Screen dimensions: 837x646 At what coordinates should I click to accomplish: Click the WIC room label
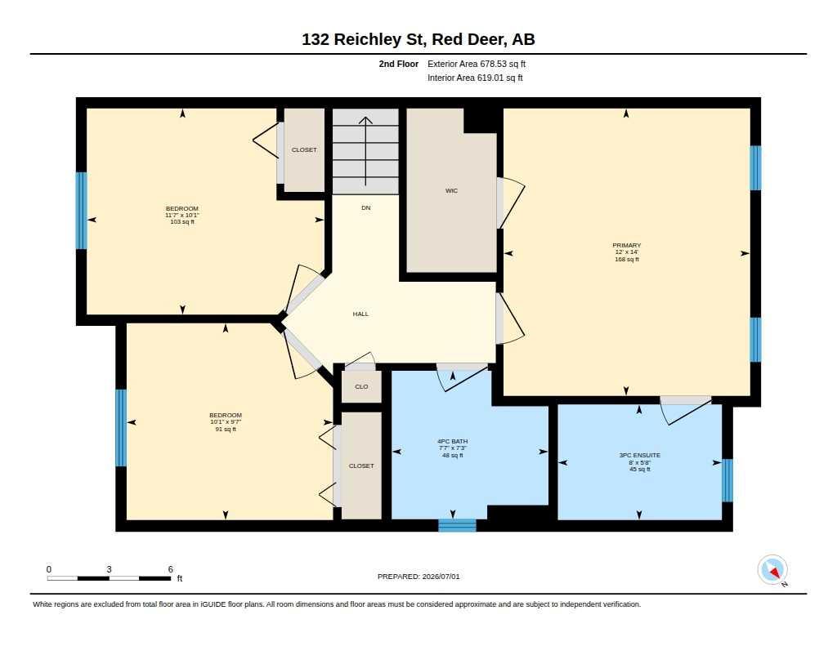click(451, 190)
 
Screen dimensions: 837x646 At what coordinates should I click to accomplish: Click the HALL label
click(360, 314)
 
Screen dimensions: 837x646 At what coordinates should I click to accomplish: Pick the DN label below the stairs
click(365, 208)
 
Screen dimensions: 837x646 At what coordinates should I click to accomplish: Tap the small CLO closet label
click(361, 387)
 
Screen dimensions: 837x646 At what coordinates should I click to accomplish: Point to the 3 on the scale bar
click(109, 569)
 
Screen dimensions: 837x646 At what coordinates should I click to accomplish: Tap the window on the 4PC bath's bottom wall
click(458, 525)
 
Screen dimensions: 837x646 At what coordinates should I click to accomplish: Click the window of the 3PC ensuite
click(727, 480)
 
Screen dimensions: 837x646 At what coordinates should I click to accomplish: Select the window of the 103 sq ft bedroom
click(81, 210)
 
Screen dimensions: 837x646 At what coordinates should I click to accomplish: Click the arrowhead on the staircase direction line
click(365, 121)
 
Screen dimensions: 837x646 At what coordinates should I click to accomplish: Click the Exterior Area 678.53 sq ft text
click(477, 64)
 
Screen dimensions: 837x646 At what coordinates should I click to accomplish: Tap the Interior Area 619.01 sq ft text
click(475, 78)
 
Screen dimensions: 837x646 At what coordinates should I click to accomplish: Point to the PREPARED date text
click(418, 577)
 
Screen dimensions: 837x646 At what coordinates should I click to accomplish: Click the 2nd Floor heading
click(399, 64)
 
